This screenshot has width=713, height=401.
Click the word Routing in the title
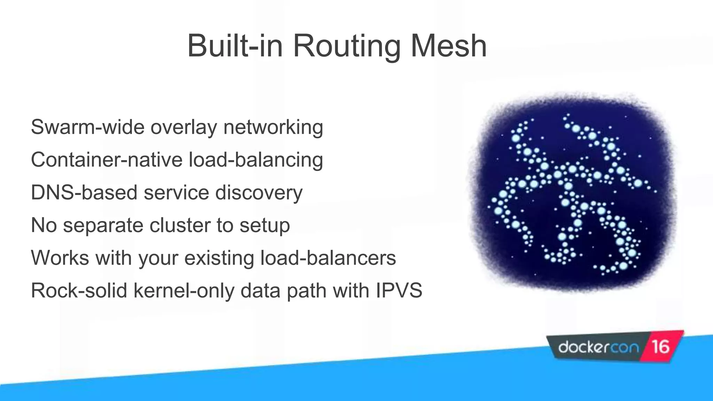[x=347, y=46]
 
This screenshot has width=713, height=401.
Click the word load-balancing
[x=256, y=160]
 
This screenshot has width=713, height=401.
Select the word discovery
[x=259, y=192]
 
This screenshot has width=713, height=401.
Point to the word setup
[x=265, y=225]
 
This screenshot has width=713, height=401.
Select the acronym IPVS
[x=399, y=291]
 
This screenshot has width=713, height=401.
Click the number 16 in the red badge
[x=660, y=347]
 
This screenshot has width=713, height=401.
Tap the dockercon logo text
[x=598, y=347]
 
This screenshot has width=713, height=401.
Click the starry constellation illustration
[x=573, y=193]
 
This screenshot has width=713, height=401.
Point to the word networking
[x=273, y=127]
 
